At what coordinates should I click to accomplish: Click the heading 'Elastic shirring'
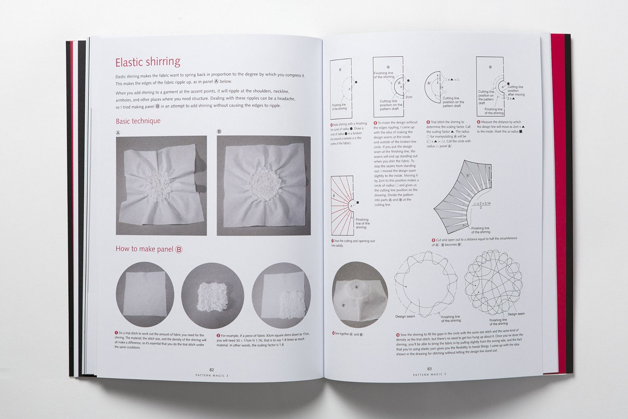click(x=147, y=62)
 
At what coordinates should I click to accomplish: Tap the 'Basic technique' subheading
click(x=138, y=121)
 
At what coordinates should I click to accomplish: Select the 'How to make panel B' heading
click(x=149, y=249)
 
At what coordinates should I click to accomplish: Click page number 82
click(x=212, y=370)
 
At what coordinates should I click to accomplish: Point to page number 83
click(x=429, y=369)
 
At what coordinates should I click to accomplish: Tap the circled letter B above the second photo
click(x=219, y=132)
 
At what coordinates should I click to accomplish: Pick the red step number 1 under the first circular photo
click(x=117, y=333)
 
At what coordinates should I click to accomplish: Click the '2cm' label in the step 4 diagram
click(x=409, y=97)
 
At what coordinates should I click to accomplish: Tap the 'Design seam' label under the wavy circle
click(x=405, y=316)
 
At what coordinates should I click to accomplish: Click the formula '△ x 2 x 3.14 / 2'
click(x=482, y=205)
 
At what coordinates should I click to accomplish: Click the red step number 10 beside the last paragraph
click(x=398, y=335)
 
